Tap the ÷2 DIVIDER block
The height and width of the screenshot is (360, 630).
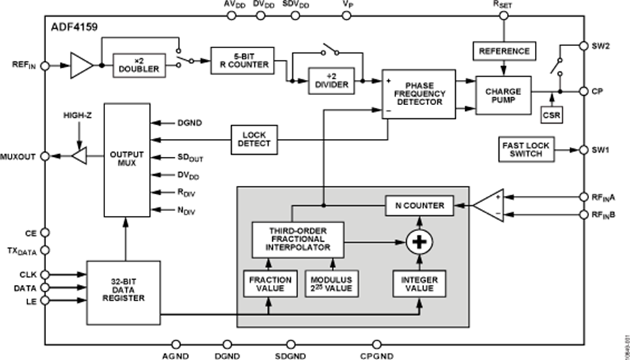tap(331, 81)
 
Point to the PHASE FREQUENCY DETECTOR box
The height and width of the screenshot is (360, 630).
tap(419, 94)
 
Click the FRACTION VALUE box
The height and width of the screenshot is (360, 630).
tap(269, 284)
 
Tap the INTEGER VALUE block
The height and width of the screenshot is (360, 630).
tap(418, 284)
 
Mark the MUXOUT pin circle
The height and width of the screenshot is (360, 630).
tap(45, 156)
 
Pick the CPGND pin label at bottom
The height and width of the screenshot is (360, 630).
tap(377, 354)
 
